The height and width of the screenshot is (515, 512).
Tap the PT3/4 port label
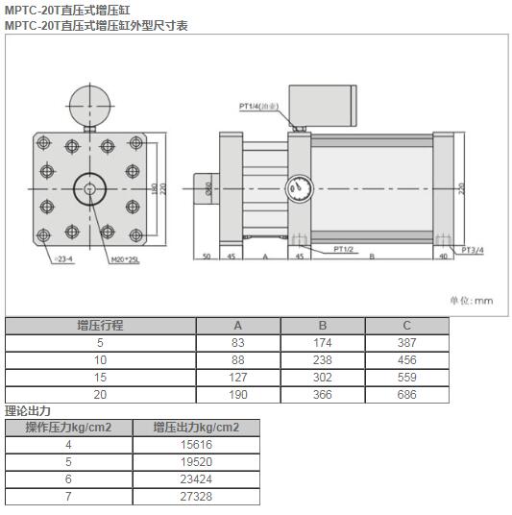pyautogui.click(x=473, y=250)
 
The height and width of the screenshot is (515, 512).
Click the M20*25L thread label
pyautogui.click(x=125, y=258)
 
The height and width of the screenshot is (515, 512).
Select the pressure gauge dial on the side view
pyautogui.click(x=298, y=187)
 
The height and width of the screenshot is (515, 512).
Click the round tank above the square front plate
pyautogui.click(x=88, y=100)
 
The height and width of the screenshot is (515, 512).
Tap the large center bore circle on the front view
pyautogui.click(x=90, y=187)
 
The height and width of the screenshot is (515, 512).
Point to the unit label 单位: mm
pyautogui.click(x=471, y=300)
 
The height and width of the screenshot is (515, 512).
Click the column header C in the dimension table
pyautogui.click(x=406, y=325)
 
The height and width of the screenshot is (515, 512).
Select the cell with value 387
pyautogui.click(x=406, y=342)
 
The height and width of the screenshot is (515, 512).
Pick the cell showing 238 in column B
pyautogui.click(x=322, y=359)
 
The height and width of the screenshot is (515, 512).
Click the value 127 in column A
pyautogui.click(x=238, y=377)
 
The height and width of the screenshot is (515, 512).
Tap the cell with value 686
pyautogui.click(x=406, y=394)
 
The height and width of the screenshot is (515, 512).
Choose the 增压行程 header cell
pyautogui.click(x=100, y=325)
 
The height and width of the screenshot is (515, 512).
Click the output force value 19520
pyautogui.click(x=195, y=461)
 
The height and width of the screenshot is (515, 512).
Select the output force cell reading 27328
pyautogui.click(x=195, y=496)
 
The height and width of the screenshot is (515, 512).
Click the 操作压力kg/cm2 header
pyautogui.click(x=68, y=428)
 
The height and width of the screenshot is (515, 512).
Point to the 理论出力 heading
pyautogui.click(x=25, y=410)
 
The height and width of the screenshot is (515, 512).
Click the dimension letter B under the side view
pyautogui.click(x=372, y=257)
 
